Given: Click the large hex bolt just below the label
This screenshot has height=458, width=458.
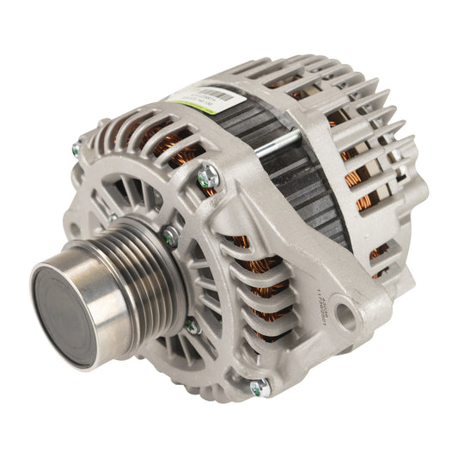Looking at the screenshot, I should [x=208, y=178].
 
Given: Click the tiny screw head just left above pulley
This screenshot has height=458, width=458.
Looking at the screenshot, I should [x=112, y=219].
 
